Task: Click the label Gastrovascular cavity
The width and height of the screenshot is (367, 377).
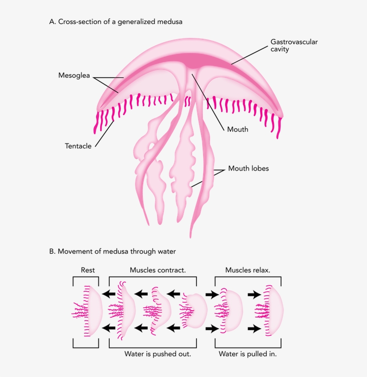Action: point(294,45)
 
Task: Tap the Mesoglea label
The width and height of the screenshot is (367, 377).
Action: point(74,75)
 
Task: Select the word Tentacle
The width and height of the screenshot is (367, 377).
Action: point(78,146)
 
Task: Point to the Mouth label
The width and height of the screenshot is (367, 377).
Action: point(238,130)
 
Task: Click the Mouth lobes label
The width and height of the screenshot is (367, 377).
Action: point(248,169)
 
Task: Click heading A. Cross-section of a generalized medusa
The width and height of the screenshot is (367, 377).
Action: point(116,21)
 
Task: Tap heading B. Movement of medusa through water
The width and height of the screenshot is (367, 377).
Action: point(112,251)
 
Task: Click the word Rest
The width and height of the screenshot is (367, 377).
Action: point(88,270)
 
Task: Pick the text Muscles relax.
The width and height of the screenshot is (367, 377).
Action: point(248,270)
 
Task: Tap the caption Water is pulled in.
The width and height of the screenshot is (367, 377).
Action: point(248,354)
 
